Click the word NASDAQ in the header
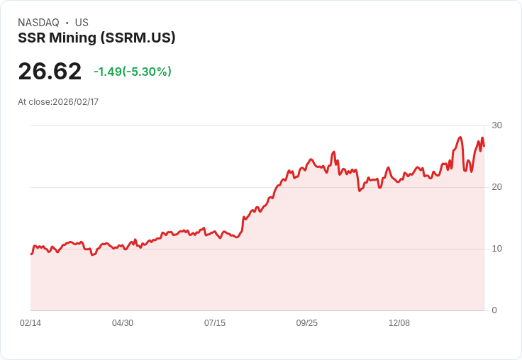(x=38, y=23)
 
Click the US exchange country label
(x=82, y=23)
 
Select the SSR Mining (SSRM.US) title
(x=96, y=38)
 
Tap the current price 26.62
(x=50, y=72)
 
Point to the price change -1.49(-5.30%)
(x=133, y=72)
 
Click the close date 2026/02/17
(x=75, y=102)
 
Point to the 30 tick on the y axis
(x=496, y=125)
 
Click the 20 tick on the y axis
(x=496, y=187)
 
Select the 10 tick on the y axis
(x=496, y=249)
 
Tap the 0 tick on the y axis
(x=494, y=310)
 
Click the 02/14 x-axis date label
(x=30, y=323)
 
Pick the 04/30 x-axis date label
(x=123, y=323)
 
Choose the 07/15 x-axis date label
(x=215, y=323)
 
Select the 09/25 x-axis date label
(x=307, y=323)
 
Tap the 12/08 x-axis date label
(x=399, y=323)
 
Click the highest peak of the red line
(x=460, y=137)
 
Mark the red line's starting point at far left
(x=31, y=254)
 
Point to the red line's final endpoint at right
(x=484, y=146)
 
